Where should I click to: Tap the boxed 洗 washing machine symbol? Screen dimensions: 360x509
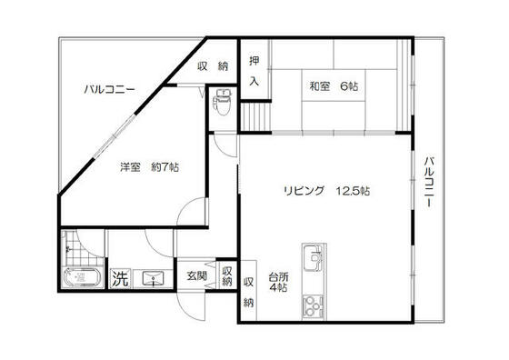click(x=120, y=279)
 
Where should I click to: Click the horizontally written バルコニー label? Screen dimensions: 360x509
click(x=109, y=89)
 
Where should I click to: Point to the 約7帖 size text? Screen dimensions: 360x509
click(x=165, y=167)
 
